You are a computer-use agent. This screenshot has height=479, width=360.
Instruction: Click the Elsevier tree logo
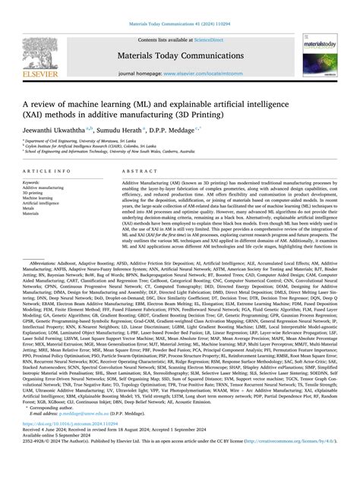point(39,52)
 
